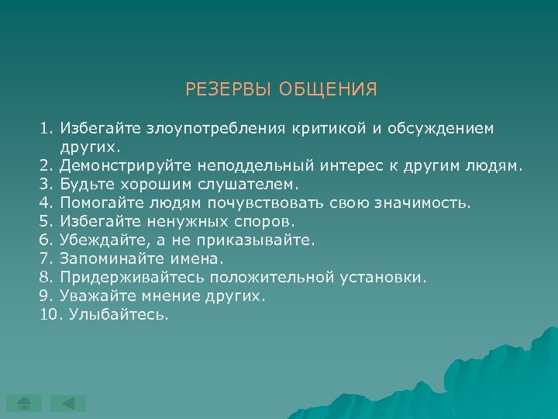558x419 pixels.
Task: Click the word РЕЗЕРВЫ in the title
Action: tap(222, 90)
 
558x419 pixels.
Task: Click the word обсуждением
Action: tap(438, 127)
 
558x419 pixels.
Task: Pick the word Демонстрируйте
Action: tap(135, 165)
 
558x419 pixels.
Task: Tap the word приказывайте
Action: tap(262, 241)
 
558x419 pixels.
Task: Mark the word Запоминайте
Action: tap(105, 259)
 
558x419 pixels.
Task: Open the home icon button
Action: tap(25, 403)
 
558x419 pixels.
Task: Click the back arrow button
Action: tap(69, 403)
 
